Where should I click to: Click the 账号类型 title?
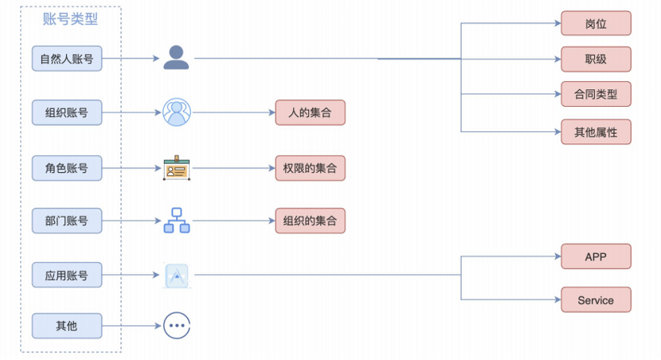pos(70,20)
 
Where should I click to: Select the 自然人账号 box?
pos(67,58)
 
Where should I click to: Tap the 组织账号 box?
pos(67,112)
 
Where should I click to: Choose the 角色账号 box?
pos(67,168)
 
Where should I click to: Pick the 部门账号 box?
pos(67,221)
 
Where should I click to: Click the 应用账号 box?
pos(67,275)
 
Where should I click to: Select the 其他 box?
pos(67,325)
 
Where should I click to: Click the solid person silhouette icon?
pos(176,58)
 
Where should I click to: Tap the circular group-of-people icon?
pos(177,112)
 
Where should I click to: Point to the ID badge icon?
pos(176,168)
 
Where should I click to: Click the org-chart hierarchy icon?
pos(176,221)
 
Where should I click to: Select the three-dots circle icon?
pos(176,325)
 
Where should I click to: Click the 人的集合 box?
pos(310,112)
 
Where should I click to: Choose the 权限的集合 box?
pos(310,168)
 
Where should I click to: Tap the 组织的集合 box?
pos(310,221)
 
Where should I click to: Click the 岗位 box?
pos(596,23)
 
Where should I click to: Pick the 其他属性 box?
pos(596,131)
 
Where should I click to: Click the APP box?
pos(596,256)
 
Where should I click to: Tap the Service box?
pos(596,299)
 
